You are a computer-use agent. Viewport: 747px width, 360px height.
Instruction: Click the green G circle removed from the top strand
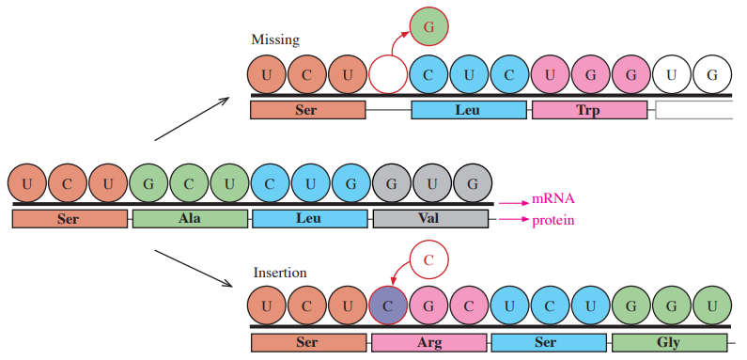(x=428, y=26)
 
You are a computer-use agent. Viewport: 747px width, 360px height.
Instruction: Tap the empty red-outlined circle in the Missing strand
(x=388, y=75)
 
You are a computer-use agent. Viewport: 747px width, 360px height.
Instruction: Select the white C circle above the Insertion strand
(x=428, y=259)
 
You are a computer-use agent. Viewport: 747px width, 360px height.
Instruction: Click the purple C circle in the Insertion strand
(x=388, y=306)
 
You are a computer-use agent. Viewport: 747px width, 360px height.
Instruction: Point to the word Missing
(x=275, y=39)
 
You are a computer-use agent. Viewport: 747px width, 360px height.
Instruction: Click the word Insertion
(x=280, y=273)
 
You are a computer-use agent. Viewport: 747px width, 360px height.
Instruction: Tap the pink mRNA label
(x=552, y=199)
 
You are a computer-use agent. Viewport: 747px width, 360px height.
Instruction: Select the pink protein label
(x=552, y=221)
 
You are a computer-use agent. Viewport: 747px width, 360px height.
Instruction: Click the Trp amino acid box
(x=590, y=110)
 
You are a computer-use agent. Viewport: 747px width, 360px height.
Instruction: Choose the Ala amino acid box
(x=190, y=219)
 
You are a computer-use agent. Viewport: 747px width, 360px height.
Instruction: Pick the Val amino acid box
(x=430, y=219)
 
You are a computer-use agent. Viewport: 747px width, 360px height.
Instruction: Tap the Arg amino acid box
(x=429, y=342)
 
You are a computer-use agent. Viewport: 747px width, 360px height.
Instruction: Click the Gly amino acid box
(x=669, y=342)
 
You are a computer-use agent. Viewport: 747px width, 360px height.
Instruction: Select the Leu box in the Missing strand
(x=469, y=110)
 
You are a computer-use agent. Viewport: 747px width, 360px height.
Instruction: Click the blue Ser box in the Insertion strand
(x=549, y=342)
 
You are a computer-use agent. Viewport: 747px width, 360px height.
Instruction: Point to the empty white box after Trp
(x=694, y=110)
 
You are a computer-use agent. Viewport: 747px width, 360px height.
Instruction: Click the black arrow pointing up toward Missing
(x=193, y=118)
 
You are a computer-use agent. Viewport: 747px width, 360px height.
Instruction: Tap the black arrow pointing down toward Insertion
(x=194, y=269)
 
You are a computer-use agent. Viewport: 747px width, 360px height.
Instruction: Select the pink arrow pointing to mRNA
(x=514, y=203)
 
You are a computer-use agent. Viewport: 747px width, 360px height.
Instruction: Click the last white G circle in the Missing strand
(x=712, y=75)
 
